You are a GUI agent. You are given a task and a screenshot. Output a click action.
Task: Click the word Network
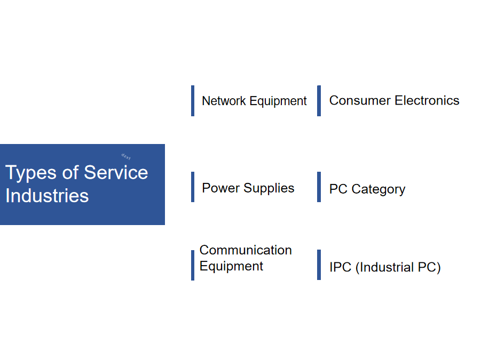point(224,101)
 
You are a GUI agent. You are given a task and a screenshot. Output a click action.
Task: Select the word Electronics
point(427,100)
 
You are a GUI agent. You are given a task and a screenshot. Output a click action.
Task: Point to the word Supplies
point(269,188)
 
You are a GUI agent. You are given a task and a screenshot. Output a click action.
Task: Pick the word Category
point(379,190)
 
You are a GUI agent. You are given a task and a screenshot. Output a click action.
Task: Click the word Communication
point(246,250)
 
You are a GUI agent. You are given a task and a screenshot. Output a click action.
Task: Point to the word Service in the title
point(116,172)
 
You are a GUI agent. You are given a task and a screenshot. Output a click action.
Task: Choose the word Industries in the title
point(47,196)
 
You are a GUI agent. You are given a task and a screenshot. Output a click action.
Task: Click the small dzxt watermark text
point(126,157)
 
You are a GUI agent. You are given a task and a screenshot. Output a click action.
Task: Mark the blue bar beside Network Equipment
point(193,101)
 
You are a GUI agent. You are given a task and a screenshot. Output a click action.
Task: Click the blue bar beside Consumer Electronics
point(319,101)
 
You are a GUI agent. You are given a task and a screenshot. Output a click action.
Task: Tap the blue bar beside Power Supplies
point(193,187)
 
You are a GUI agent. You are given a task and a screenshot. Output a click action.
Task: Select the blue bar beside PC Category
point(319,187)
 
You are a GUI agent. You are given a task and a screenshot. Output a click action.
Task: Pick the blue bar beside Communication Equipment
point(193,265)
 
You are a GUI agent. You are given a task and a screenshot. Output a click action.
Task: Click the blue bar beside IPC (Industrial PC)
point(319,265)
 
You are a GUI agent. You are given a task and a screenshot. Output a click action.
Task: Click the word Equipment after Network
point(278,101)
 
